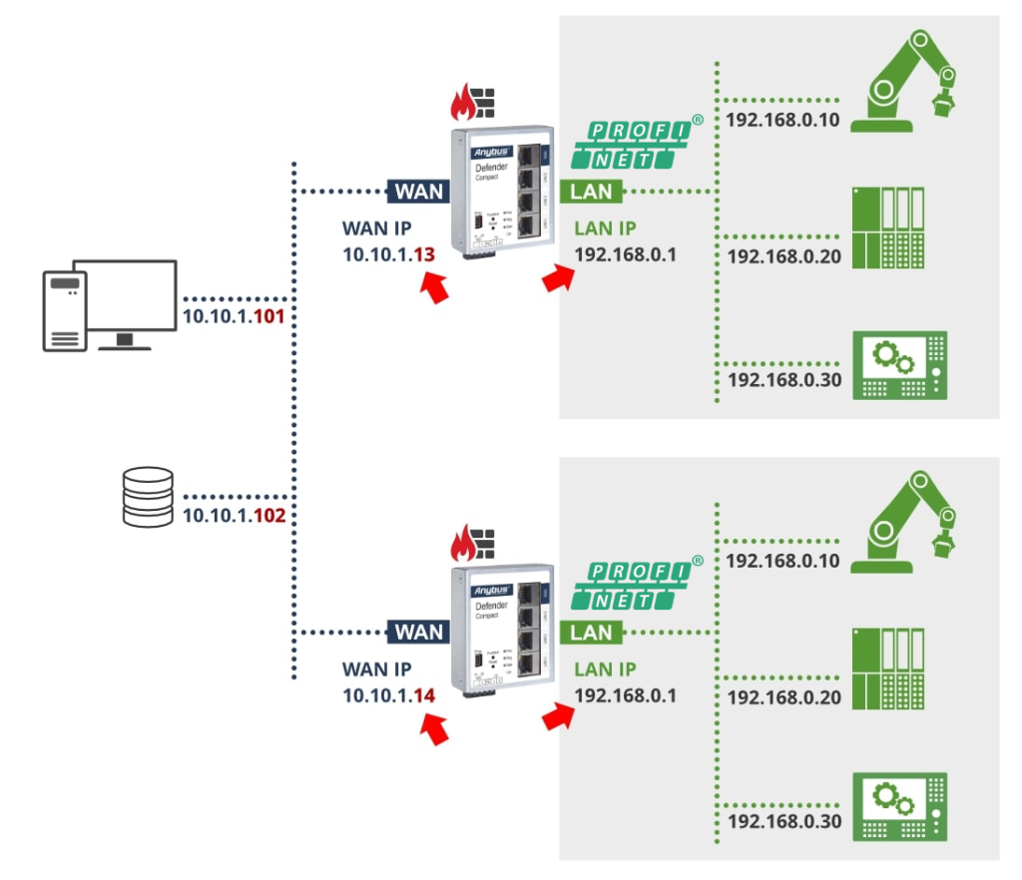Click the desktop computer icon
[x=110, y=305]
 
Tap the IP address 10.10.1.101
[x=236, y=318]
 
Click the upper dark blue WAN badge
[x=419, y=191]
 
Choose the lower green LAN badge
[x=591, y=632]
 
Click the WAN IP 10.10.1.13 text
[x=389, y=254]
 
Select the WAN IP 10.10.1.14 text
[x=389, y=695]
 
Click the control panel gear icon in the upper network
[x=898, y=365]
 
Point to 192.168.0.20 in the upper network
[x=783, y=257]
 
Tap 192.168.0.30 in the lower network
[x=783, y=822]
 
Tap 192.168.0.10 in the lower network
[x=783, y=562]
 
